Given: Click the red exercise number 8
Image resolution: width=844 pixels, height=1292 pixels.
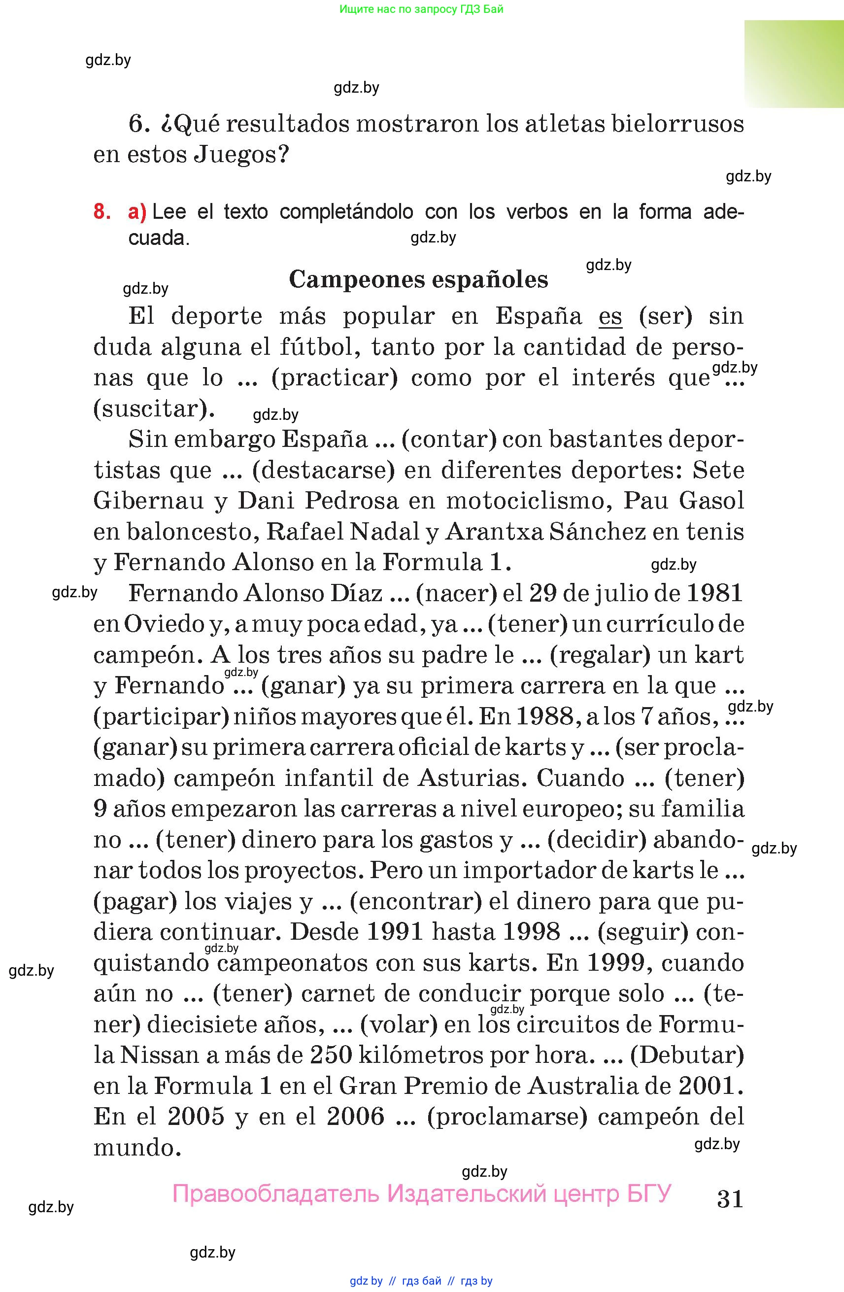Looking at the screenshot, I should pos(102,212).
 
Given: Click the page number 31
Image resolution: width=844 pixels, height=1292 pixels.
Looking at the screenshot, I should pos(730,1199).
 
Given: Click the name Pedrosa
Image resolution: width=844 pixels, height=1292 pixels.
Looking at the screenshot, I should pos(351,501).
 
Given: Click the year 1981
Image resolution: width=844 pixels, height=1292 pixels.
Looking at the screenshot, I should pos(714,593).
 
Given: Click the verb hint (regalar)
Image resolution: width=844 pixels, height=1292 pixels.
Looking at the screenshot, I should pos(600,655).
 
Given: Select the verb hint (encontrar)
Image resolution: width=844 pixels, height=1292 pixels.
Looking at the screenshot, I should pos(416,902).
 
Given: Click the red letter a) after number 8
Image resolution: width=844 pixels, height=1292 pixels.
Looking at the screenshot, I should pos(137,212).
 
